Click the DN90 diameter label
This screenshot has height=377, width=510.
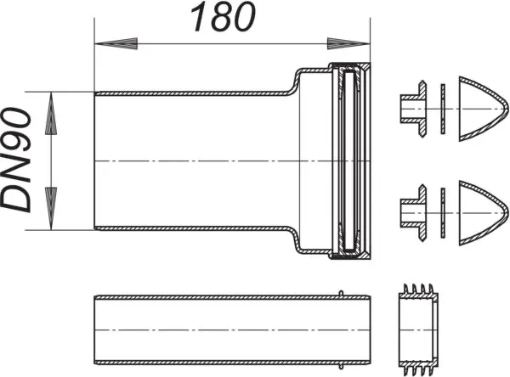(19, 160)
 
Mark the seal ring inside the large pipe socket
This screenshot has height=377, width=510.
(349, 161)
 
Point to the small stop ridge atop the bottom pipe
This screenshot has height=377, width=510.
(342, 294)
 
